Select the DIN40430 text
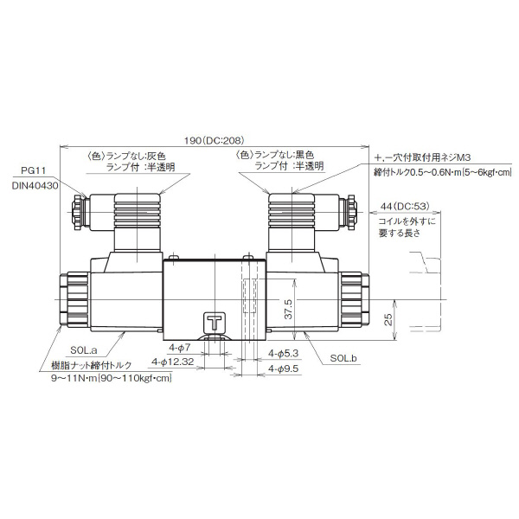tap(35, 184)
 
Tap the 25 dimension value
tap(388, 320)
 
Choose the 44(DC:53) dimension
tap(407, 206)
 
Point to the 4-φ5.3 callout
tap(283, 354)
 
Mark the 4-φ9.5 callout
tap(283, 369)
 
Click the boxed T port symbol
tap(213, 321)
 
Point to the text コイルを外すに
tap(407, 221)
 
